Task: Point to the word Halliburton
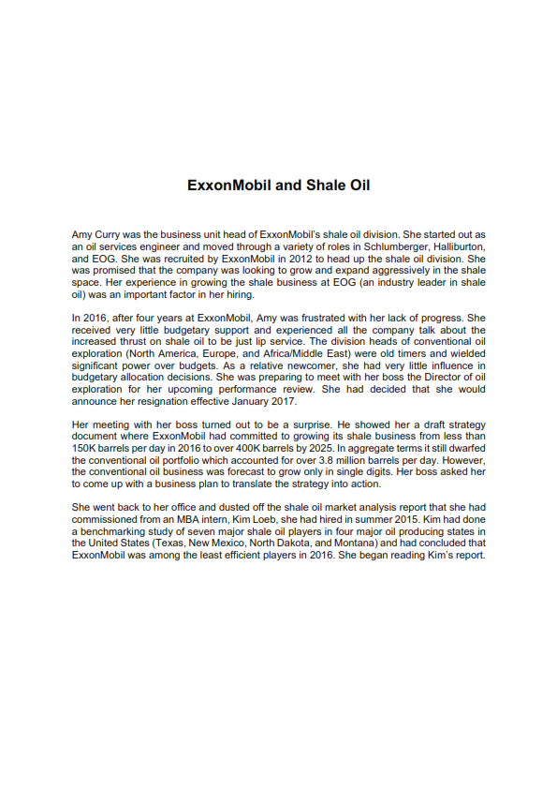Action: [x=455, y=244]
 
